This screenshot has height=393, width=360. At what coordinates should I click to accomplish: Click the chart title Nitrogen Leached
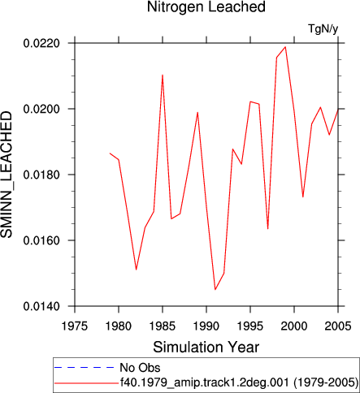pos(206,6)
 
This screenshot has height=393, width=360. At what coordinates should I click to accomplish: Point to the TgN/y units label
pos(323,28)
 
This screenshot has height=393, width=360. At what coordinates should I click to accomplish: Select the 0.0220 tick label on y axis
pos(41,43)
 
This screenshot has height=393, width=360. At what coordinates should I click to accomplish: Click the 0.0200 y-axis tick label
pos(41,109)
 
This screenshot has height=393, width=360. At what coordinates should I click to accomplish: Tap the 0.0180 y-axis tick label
pos(41,175)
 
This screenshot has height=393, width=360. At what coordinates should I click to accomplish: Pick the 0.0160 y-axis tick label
pos(41,240)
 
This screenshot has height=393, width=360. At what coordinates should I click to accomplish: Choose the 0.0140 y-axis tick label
pos(41,306)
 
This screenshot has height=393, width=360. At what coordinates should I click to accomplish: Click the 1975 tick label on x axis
pos(75,326)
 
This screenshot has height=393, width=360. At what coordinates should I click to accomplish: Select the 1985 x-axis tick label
pos(163,326)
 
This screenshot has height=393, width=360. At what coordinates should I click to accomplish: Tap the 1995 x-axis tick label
pos(250,326)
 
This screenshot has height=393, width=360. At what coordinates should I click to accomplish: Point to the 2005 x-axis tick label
pos(338,326)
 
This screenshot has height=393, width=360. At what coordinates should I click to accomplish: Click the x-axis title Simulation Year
pos(206,348)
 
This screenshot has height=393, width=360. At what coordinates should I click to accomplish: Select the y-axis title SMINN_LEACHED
pos(7,175)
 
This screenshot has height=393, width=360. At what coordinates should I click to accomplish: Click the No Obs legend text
pos(140,368)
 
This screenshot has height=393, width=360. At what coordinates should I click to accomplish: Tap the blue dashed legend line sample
pos(85,367)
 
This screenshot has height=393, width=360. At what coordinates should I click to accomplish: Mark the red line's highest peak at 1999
pos(285,47)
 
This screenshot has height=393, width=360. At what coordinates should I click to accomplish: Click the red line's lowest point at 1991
pos(215,290)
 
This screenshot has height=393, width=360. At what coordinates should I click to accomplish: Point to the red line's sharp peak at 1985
pos(163,75)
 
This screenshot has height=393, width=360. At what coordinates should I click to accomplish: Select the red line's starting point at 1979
pos(110,153)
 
